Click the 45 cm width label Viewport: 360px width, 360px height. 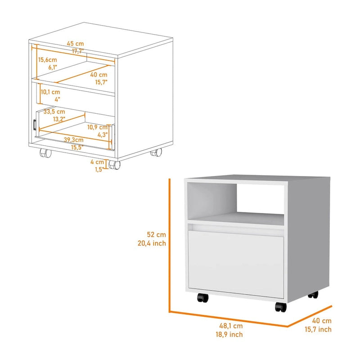point(76,44)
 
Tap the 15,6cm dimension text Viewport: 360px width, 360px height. point(47,60)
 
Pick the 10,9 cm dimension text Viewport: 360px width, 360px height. point(98,127)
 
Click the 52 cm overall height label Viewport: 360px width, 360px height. point(156,234)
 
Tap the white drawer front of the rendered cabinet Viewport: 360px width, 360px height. point(235,262)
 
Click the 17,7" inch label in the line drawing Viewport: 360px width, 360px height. point(78,51)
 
